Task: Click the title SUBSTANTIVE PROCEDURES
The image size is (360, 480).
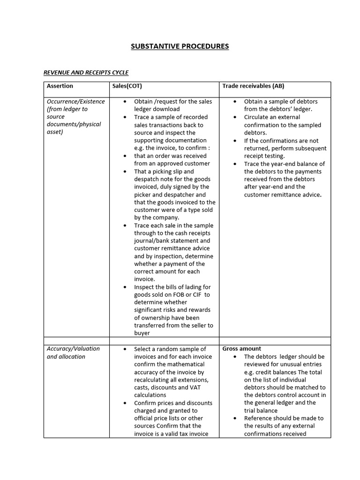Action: tap(180, 46)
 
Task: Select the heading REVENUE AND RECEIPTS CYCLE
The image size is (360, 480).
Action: tap(86, 73)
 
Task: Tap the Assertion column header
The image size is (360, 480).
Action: tap(60, 86)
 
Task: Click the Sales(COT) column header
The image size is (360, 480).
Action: tap(127, 86)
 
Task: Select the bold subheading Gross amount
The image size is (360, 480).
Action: tap(242, 349)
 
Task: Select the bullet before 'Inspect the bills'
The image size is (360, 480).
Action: tap(125, 287)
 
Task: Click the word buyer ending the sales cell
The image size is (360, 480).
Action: tap(142, 333)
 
